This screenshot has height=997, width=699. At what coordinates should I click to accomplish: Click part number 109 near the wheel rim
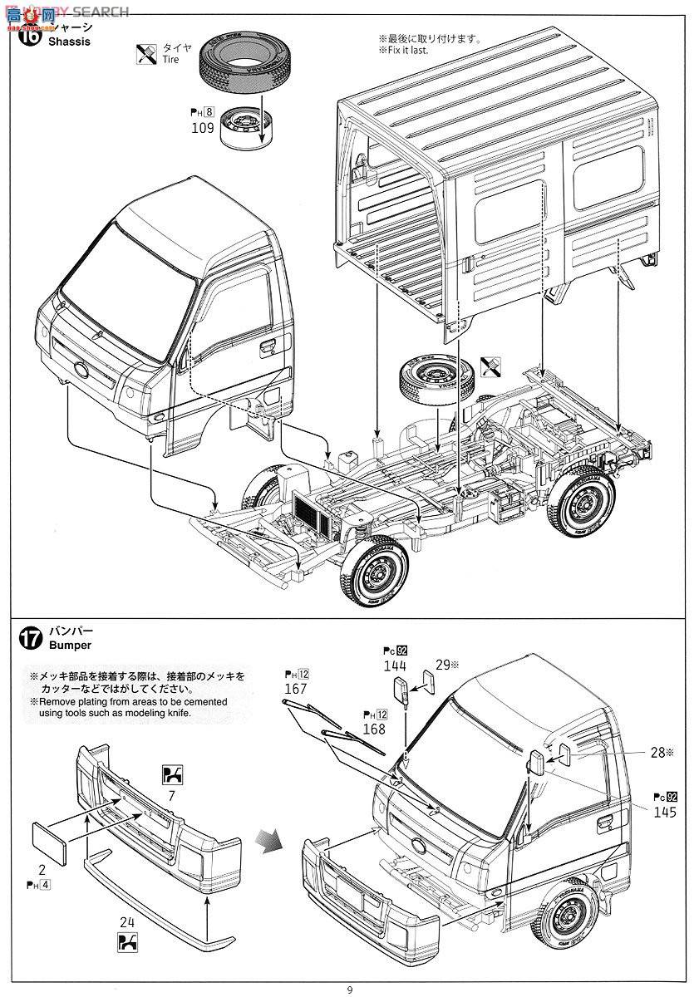(x=202, y=128)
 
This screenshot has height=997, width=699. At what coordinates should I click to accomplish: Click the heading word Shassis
(x=69, y=42)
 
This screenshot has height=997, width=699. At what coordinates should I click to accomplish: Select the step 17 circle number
(x=30, y=639)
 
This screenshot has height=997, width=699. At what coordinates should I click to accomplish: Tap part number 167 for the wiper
(x=295, y=689)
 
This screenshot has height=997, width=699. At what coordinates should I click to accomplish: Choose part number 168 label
(x=373, y=729)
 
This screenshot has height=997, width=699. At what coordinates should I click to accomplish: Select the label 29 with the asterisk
(x=446, y=665)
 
